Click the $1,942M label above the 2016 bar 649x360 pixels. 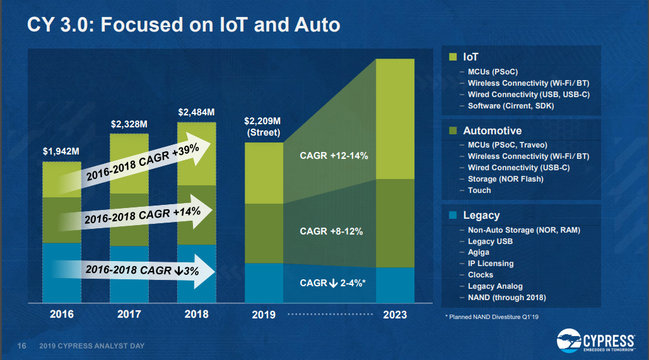coord(62,151)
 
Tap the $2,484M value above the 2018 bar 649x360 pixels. coord(196,112)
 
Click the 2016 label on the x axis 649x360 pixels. coord(62,314)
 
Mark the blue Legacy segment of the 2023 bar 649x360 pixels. coord(395,285)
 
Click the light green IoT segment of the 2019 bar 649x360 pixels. coord(264,173)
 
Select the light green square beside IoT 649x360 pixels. coord(452,57)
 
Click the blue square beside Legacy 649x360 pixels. coord(452,216)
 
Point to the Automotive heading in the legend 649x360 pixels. coord(492,131)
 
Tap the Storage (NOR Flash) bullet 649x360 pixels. coord(505,179)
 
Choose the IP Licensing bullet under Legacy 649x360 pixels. coord(491,264)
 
